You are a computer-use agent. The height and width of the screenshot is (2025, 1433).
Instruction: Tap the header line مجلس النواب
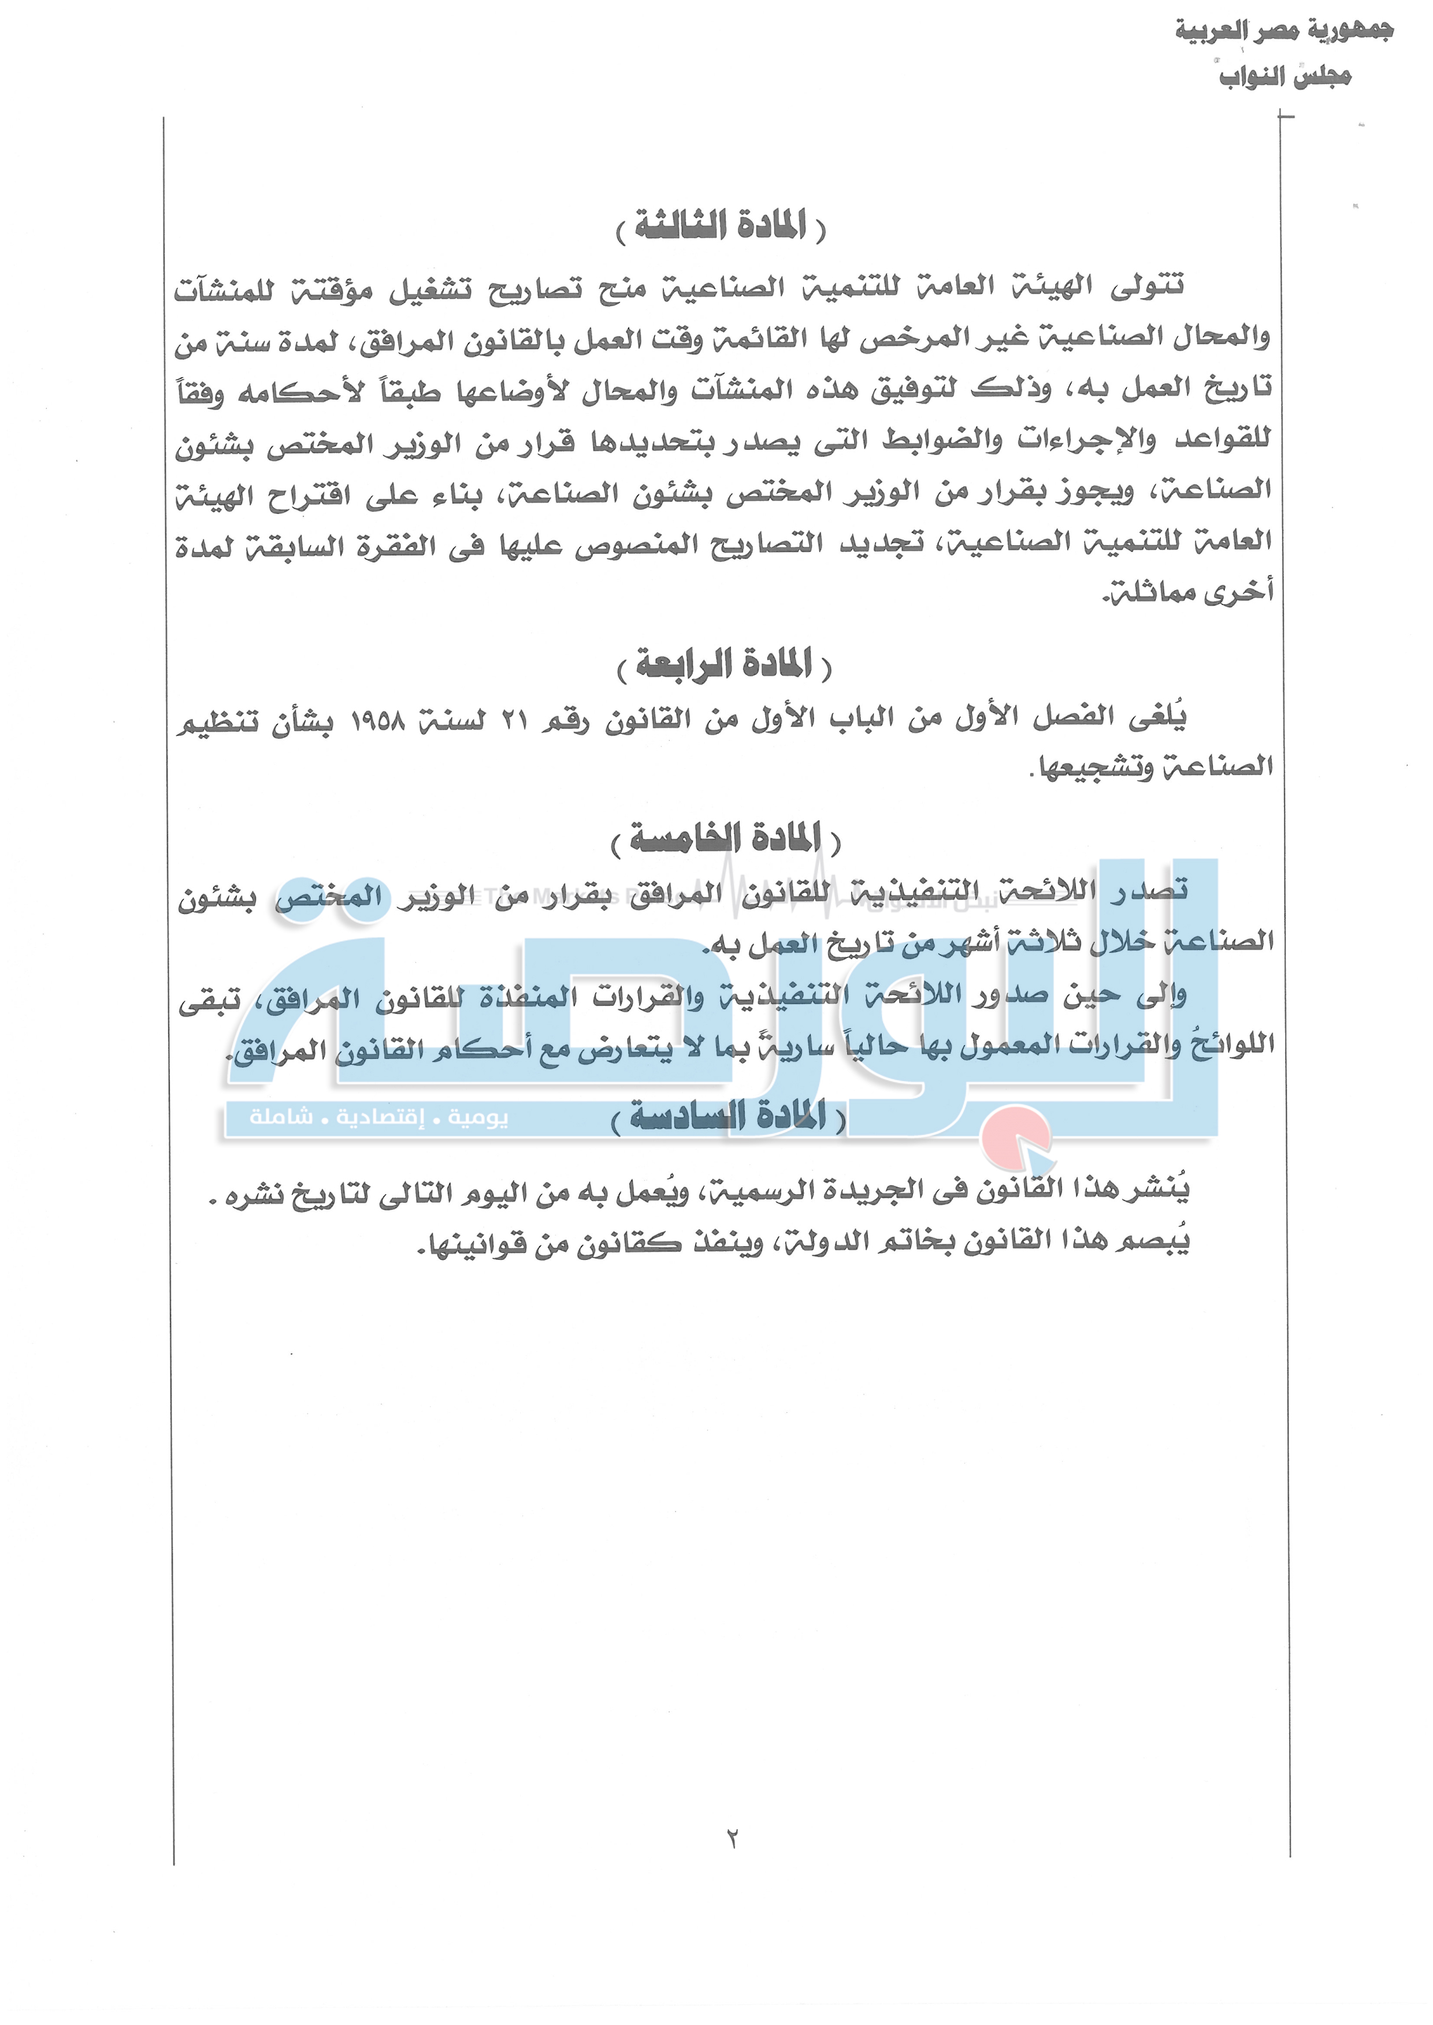[x=1284, y=77]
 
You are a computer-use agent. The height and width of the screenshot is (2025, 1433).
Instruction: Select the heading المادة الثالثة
[x=721, y=227]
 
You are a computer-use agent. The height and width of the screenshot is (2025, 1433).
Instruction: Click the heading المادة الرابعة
[x=723, y=664]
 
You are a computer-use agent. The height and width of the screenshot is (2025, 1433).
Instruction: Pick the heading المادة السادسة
[x=728, y=1117]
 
